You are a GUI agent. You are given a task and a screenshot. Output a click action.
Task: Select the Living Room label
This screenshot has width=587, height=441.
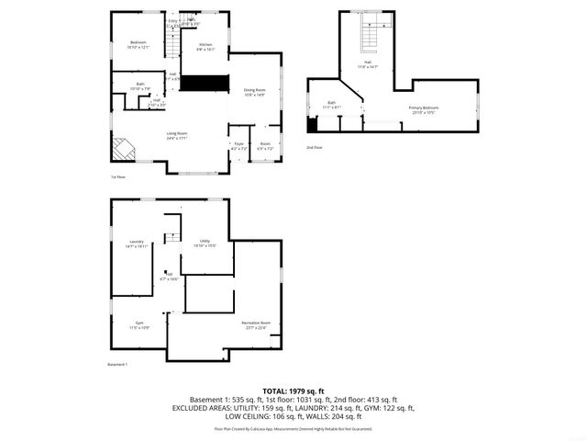(178, 136)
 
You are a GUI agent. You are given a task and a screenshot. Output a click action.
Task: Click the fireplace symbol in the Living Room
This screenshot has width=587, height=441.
(122, 150)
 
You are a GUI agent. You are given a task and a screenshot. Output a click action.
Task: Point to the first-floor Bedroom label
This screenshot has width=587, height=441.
(138, 44)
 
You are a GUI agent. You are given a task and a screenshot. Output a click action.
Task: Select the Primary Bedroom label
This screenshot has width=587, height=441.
(424, 109)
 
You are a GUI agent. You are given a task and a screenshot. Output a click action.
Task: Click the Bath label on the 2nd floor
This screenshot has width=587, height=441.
(331, 104)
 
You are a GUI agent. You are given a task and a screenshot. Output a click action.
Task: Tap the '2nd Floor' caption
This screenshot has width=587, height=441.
(315, 147)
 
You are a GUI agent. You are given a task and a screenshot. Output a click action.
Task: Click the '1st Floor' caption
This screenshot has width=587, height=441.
(117, 176)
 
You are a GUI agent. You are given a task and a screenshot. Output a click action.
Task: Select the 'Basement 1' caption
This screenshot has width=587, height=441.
(117, 365)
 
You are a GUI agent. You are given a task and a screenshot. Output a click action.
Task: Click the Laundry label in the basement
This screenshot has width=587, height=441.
(136, 245)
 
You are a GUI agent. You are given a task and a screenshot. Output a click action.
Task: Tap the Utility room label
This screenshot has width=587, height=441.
(205, 244)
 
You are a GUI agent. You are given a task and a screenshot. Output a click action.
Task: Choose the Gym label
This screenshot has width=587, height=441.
(139, 326)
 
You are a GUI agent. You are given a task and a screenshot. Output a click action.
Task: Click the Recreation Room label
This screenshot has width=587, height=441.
(256, 324)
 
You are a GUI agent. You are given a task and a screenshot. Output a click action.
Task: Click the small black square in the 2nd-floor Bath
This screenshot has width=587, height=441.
(312, 125)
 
